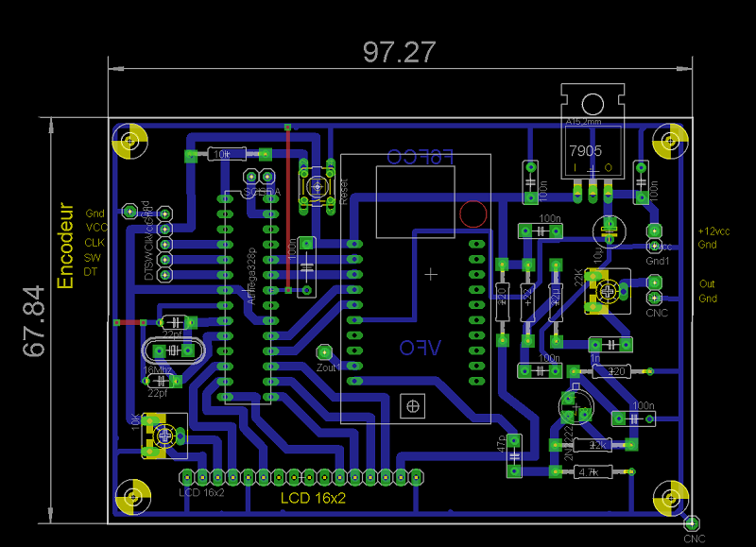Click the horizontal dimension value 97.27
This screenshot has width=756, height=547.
pos(400,52)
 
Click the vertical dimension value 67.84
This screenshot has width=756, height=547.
pos(35,321)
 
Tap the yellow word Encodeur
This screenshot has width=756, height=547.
pos(65,245)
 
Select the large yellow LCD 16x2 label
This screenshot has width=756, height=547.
pos(313,498)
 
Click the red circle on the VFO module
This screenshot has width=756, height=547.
pos(472,214)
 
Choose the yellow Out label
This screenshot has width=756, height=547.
pos(707,284)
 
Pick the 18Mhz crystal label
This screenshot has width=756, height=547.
pos(158,369)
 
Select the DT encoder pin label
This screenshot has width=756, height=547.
pos(91,272)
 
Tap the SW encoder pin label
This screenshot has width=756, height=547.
pos(93,257)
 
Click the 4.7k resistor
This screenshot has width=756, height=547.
pos(589,471)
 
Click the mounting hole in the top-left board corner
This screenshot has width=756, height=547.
pos(129,143)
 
